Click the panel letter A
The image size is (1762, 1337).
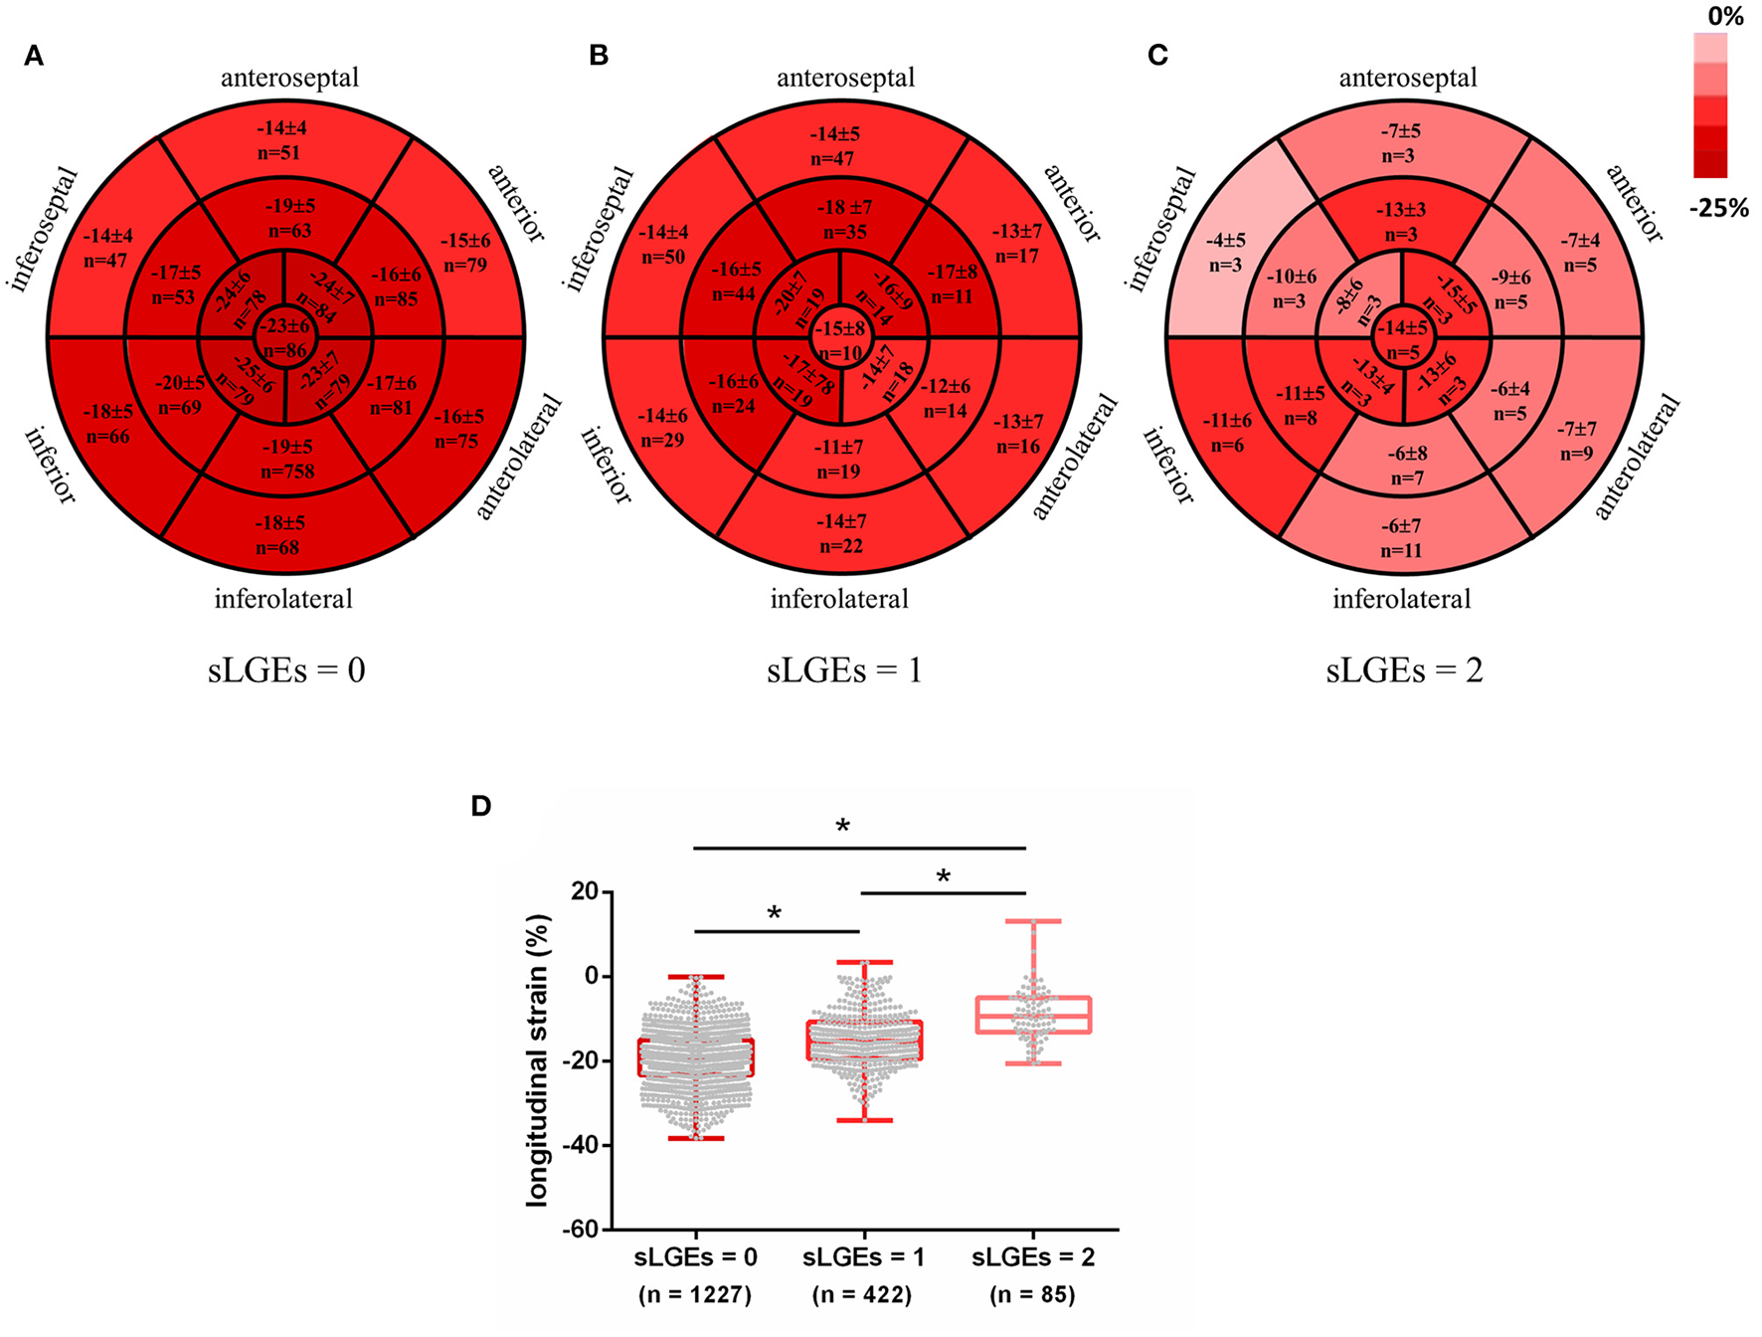[34, 57]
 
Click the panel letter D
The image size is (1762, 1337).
[481, 806]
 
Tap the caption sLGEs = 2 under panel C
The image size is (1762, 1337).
[1404, 670]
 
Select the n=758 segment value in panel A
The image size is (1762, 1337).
[287, 472]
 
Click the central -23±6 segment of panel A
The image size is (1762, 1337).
[285, 338]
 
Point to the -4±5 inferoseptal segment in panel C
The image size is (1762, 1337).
[1226, 253]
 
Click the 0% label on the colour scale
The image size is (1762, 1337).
[1725, 16]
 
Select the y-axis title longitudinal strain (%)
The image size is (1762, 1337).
[538, 1059]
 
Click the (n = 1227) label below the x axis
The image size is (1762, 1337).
[695, 1295]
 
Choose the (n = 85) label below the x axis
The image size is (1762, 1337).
[1032, 1295]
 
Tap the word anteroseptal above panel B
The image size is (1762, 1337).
[845, 78]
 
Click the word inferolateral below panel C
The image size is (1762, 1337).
[1401, 599]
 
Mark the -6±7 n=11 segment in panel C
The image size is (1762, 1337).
[1401, 538]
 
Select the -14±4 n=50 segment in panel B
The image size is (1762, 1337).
[664, 245]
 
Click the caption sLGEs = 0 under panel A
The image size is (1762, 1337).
[286, 670]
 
